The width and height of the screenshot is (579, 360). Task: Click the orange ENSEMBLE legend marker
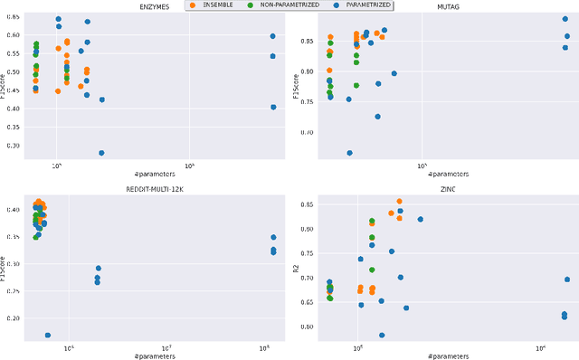[191, 5]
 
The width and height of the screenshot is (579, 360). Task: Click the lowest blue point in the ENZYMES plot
[101, 153]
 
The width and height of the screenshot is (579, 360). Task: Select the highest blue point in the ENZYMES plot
[58, 19]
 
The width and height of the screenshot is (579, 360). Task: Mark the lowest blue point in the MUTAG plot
[349, 153]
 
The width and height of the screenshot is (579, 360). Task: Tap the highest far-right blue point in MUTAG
[565, 19]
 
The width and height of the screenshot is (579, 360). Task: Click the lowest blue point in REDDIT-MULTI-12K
[48, 336]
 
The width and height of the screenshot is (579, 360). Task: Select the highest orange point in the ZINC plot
[399, 202]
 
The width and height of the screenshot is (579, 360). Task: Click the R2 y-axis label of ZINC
[296, 268]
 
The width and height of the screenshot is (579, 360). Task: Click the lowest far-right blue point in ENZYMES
[273, 107]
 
